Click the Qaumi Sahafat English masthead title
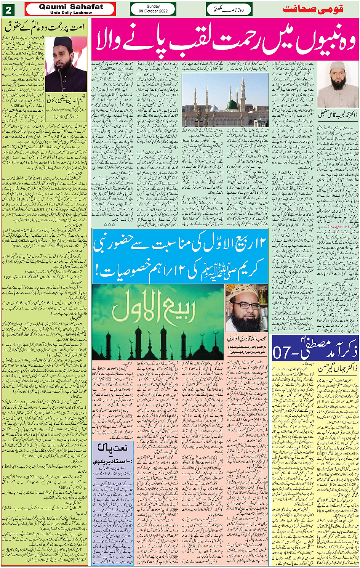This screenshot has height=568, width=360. pyautogui.click(x=71, y=7)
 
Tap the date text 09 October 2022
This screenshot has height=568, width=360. pyautogui.click(x=153, y=11)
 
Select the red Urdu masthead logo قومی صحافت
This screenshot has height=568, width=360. pyautogui.click(x=318, y=9)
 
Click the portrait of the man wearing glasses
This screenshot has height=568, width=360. pyautogui.click(x=246, y=308)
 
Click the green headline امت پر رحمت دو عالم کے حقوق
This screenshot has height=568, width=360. pyautogui.click(x=46, y=27)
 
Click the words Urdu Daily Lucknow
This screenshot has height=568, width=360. pyautogui.click(x=71, y=13)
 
